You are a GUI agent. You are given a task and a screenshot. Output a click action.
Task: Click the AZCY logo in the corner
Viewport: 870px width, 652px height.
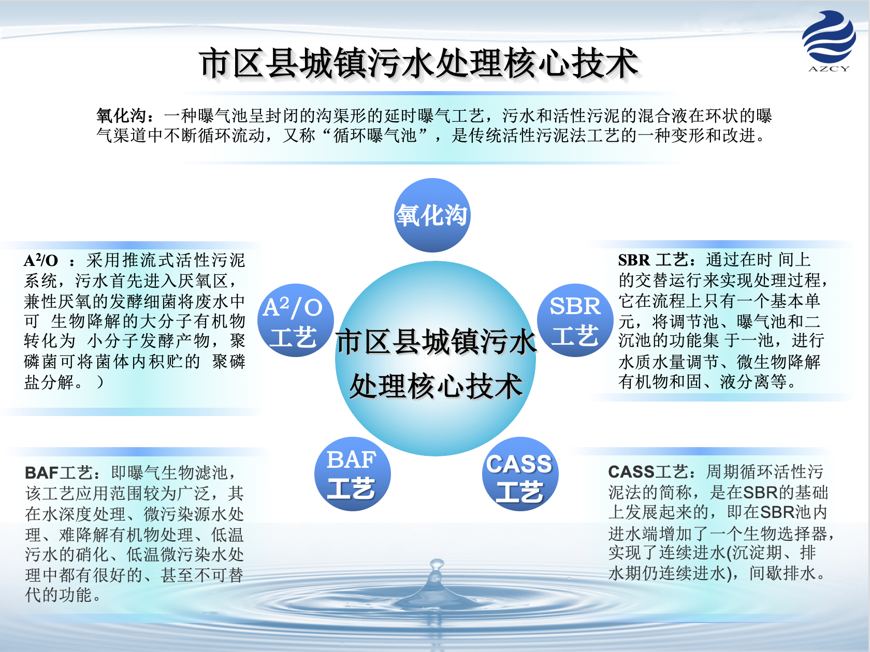click(829, 41)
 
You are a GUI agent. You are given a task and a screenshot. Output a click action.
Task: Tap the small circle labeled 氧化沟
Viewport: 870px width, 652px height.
click(432, 215)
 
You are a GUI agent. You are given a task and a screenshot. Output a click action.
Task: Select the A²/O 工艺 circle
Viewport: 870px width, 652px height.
click(295, 320)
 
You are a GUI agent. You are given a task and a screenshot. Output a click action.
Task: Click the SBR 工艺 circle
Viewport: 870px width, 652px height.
click(575, 320)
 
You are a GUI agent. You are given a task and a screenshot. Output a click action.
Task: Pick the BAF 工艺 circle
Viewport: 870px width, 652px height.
click(352, 474)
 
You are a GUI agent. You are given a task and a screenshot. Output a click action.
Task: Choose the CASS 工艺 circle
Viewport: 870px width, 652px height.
click(520, 474)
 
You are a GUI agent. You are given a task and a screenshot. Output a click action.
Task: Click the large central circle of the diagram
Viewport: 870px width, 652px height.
click(436, 358)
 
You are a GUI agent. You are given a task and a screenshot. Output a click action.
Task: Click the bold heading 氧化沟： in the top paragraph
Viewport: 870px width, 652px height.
click(125, 115)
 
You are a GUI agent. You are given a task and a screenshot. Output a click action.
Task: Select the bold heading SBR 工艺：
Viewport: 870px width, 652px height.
click(657, 260)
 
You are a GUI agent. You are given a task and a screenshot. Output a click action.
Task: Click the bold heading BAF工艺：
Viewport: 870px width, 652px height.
click(63, 472)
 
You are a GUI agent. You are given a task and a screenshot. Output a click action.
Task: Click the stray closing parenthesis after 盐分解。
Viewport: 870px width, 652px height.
click(100, 382)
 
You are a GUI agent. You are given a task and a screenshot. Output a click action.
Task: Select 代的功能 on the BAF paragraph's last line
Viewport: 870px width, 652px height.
click(59, 595)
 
